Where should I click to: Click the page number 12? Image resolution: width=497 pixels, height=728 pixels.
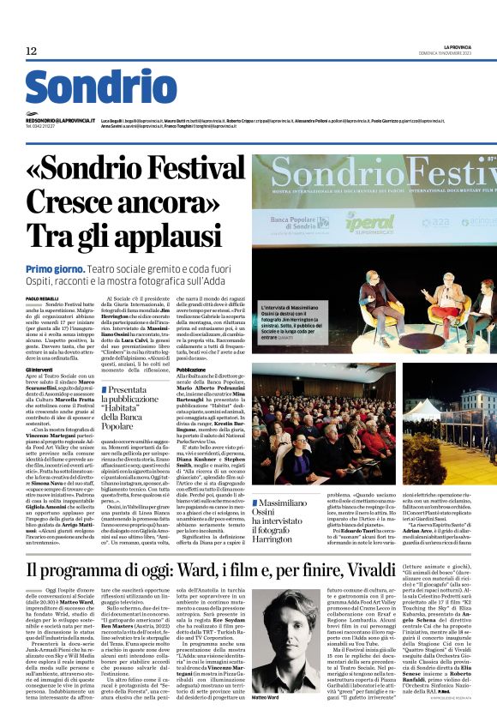point(32,51)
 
